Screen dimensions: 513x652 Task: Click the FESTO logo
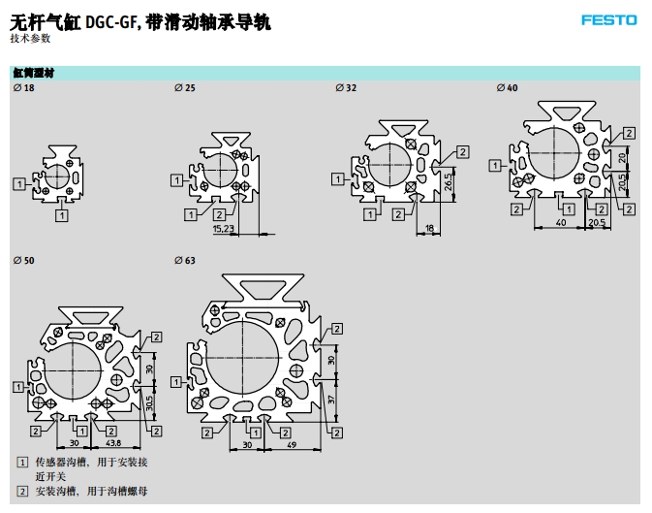(609, 19)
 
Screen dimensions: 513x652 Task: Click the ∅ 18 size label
(23, 88)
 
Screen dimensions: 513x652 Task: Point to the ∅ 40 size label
(507, 88)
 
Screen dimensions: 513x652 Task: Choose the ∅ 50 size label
(23, 261)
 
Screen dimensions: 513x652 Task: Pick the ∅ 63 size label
(184, 261)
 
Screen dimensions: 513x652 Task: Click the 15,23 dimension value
(224, 229)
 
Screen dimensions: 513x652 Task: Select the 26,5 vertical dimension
(450, 181)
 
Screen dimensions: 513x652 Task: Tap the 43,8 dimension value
(113, 443)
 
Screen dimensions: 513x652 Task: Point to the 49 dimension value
(291, 445)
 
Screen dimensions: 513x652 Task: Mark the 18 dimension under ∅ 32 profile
(430, 229)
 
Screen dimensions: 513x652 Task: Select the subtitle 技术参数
(30, 38)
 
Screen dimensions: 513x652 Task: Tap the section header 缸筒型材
(34, 73)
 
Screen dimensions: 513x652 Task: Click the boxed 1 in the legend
(22, 462)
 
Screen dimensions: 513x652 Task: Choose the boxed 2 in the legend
(22, 491)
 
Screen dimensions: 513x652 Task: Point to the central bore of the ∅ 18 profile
(57, 176)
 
